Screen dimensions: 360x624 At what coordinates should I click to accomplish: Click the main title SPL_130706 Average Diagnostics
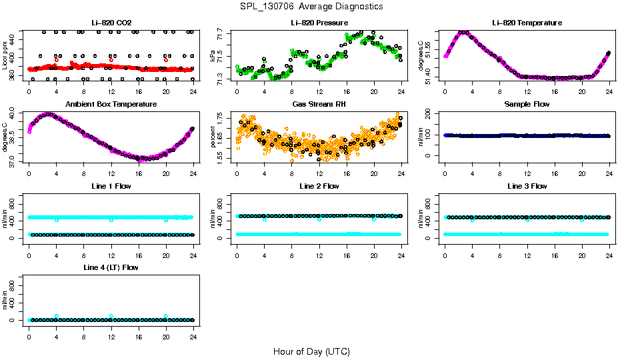click(312, 6)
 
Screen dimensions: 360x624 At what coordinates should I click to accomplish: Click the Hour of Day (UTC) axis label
click(311, 351)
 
